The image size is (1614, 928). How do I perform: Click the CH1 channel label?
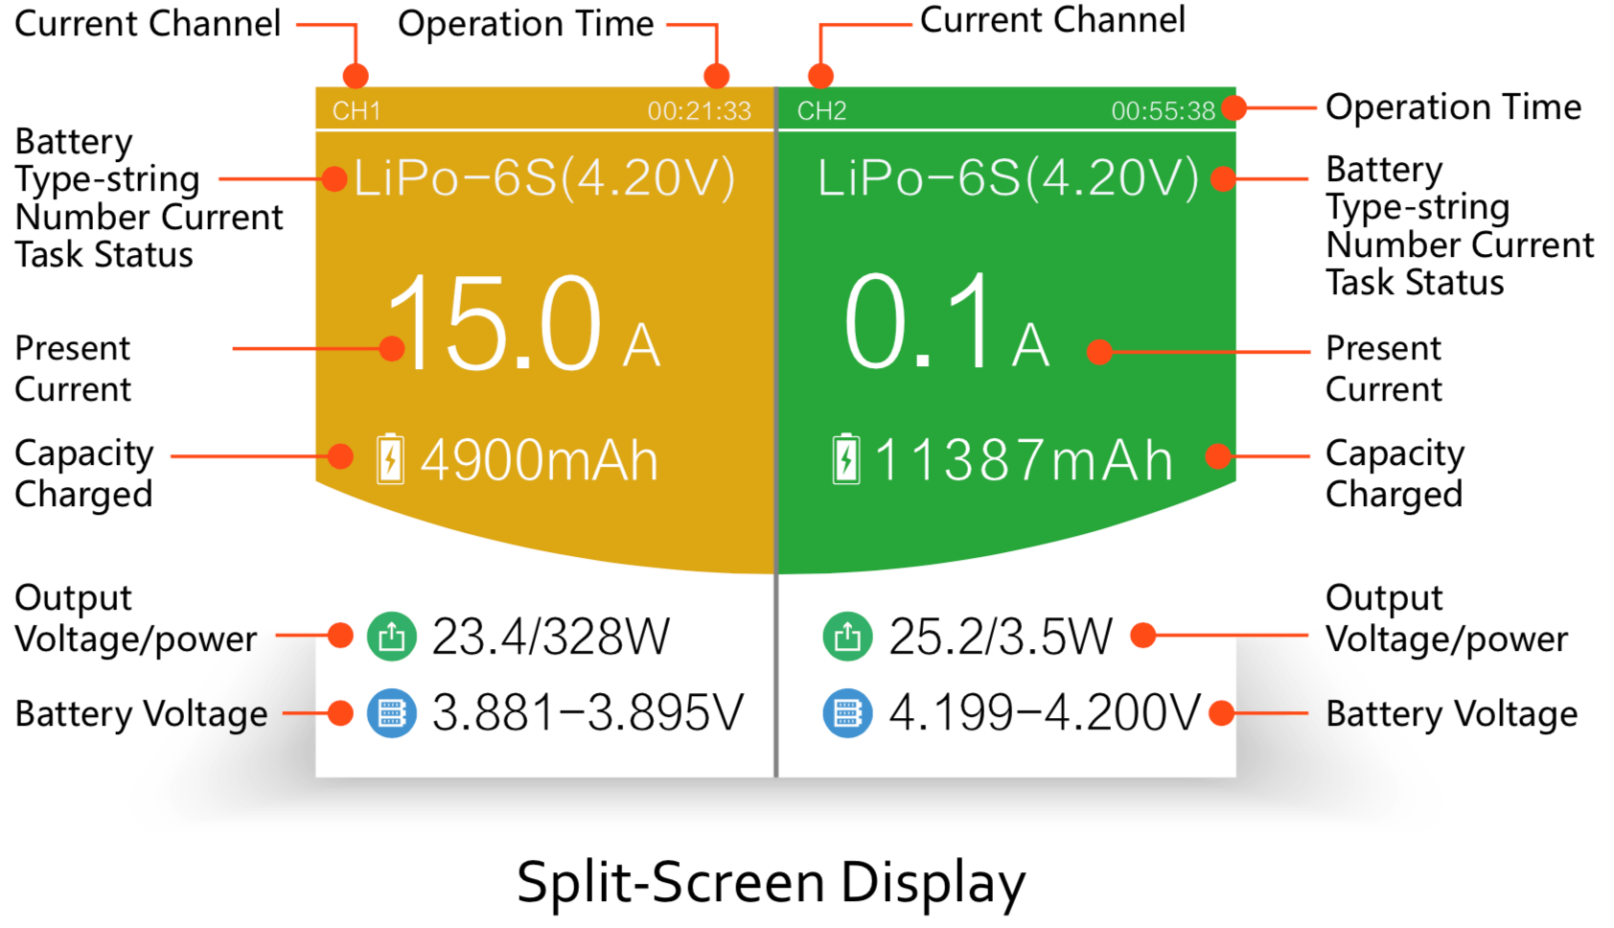(x=357, y=111)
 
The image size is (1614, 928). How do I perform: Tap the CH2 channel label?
(x=821, y=111)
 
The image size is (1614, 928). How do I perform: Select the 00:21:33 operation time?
(x=699, y=111)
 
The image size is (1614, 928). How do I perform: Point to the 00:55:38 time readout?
(x=1163, y=111)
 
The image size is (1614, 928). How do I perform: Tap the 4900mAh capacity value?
(x=539, y=460)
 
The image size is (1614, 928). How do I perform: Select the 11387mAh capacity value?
(x=1024, y=460)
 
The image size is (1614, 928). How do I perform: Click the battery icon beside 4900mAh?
(x=390, y=459)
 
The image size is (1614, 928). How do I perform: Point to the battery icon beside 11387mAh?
(x=846, y=459)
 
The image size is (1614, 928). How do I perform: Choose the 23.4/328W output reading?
(x=550, y=637)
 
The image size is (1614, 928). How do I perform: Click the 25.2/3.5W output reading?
(x=1001, y=637)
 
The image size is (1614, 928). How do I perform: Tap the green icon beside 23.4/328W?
(x=392, y=637)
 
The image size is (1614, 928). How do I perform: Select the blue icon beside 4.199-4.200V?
(x=847, y=713)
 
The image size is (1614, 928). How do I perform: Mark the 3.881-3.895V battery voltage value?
(x=588, y=713)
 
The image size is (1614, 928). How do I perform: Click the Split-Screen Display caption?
(x=771, y=882)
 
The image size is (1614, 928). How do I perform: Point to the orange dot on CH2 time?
(x=1234, y=108)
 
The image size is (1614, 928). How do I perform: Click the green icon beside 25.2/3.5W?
(x=847, y=637)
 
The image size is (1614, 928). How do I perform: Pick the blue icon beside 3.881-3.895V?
(x=392, y=713)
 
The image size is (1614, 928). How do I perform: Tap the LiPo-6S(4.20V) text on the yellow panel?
(x=544, y=178)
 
